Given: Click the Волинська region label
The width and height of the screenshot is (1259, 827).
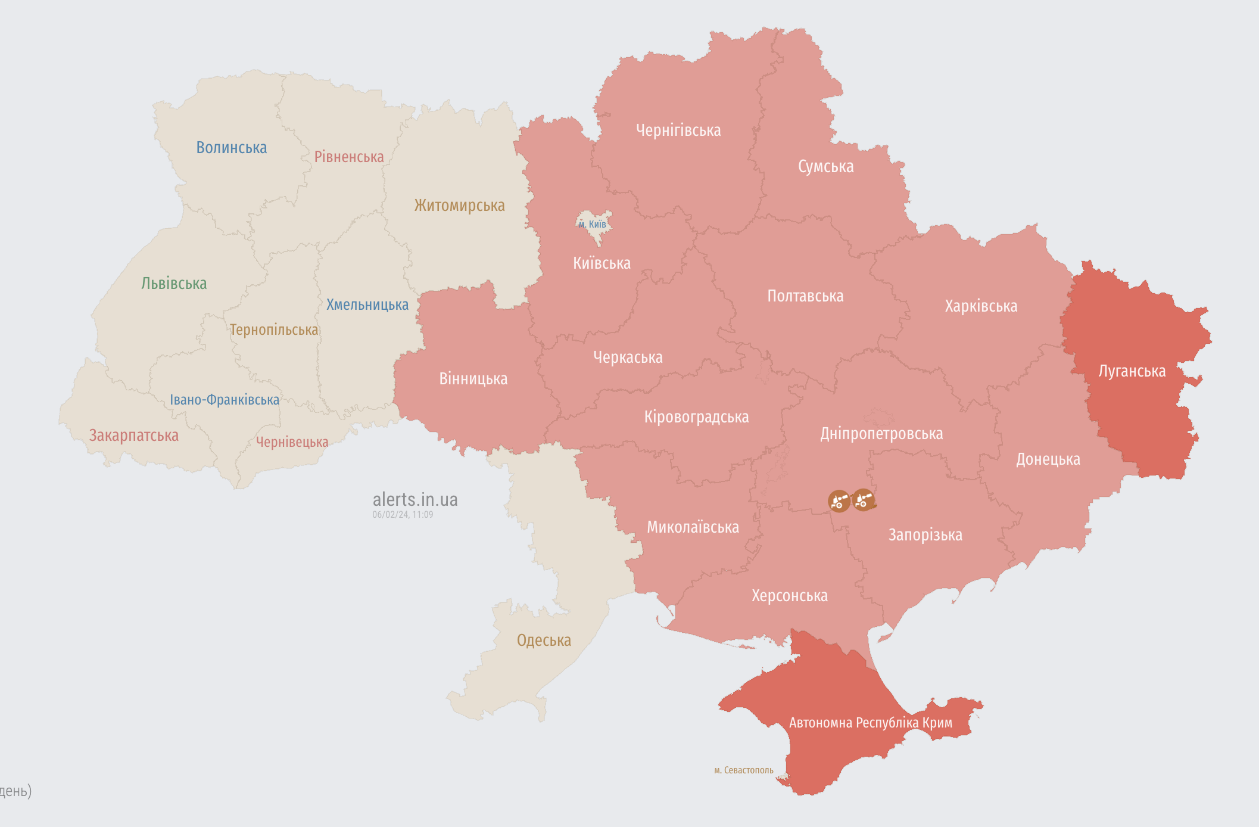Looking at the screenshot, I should pos(232,148).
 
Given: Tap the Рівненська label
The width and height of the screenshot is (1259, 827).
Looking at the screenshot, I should pos(349,157).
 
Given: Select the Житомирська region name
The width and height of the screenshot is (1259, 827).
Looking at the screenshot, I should pos(459,206).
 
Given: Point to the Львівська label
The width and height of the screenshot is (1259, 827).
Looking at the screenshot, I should pos(174,284).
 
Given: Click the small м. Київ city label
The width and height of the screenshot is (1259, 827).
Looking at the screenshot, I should pos(593,225).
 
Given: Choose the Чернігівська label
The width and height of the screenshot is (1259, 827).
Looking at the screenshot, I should pos(678,130).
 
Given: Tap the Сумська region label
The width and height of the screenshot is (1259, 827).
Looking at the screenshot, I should pos(825,167).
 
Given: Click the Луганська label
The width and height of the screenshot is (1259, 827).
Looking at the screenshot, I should pos(1132,371).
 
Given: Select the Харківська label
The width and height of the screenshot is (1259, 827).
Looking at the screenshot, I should pos(981,306).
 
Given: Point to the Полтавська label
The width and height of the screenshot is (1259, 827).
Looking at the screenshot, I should pos(805,296).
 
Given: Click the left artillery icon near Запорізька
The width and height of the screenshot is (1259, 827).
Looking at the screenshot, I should pos(839,501).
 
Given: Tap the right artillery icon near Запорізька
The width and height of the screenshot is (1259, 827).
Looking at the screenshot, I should pos(864,500).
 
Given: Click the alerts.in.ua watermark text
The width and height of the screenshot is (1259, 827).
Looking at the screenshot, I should pos(415,499).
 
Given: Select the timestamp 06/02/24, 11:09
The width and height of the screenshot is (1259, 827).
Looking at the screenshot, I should pos(403,515).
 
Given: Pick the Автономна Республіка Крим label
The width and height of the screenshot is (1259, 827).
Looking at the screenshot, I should pos(870,723).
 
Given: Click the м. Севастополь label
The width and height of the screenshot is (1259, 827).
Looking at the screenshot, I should pos(743,770).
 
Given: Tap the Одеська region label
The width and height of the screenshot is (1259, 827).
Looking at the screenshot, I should pos(544,641).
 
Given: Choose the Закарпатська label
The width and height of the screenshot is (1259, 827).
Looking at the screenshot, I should pos(134,436).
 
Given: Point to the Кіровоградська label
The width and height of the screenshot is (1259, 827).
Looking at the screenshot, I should pos(696,417).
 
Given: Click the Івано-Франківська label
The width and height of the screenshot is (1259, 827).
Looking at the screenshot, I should pos(225,400).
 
